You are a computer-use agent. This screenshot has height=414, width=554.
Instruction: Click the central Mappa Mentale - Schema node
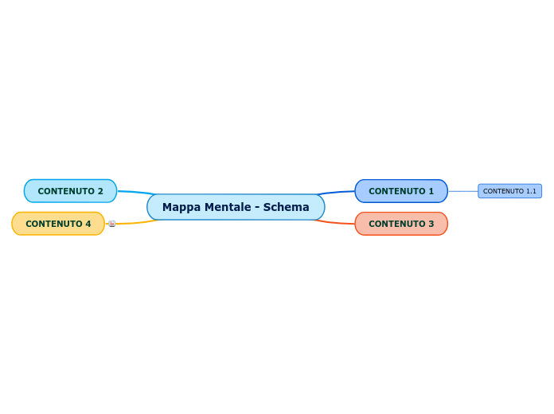(236, 207)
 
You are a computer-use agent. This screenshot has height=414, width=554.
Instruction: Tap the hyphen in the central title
(257, 207)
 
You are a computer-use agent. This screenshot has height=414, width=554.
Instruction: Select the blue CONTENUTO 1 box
(401, 191)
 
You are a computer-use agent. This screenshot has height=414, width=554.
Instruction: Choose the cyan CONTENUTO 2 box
(70, 191)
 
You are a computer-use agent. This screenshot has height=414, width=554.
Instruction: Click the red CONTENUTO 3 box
(401, 224)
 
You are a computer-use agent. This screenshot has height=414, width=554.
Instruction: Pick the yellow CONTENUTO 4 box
(58, 224)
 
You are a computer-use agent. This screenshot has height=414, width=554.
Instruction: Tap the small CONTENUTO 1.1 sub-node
(509, 191)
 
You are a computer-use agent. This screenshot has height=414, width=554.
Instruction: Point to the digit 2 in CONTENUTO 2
(100, 191)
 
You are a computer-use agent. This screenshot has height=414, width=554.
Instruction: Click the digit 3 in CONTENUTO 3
(431, 224)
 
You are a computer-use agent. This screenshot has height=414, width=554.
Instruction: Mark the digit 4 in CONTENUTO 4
(88, 224)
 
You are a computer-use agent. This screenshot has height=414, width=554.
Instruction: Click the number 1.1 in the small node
(530, 191)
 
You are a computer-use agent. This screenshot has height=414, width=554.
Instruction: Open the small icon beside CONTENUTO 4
(111, 224)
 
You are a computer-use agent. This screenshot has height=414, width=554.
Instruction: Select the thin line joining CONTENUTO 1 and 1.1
(462, 191)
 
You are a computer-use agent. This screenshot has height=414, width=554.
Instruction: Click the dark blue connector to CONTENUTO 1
(338, 192)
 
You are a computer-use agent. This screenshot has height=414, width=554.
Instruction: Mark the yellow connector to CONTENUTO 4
(135, 223)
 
